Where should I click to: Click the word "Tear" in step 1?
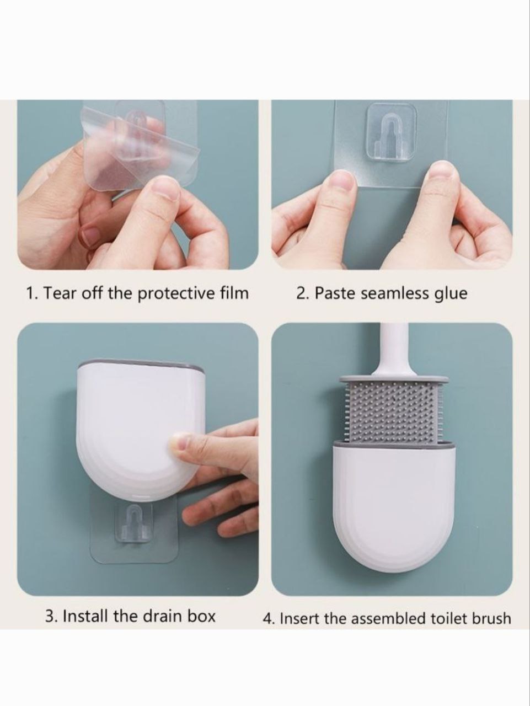point(59,293)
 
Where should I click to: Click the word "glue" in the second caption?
point(451,293)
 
